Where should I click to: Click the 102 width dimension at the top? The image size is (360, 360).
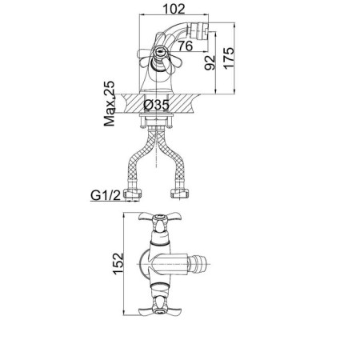174,9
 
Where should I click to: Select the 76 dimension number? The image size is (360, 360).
186,46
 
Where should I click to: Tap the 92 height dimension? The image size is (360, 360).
210,62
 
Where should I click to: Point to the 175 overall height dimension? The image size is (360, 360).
229,58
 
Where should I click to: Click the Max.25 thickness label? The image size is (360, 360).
110,103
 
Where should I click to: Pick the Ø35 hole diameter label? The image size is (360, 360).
156,105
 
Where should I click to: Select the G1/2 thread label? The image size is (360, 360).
106,195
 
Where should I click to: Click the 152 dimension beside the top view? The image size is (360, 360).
118,263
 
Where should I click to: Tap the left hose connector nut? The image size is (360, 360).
133,194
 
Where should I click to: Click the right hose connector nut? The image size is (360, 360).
179,194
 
